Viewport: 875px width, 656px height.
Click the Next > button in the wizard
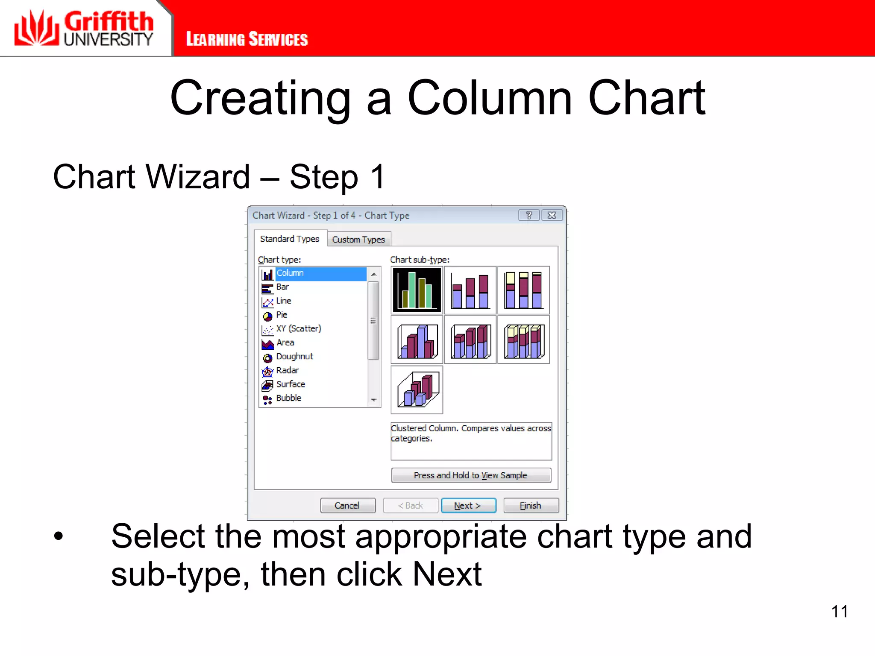(x=468, y=505)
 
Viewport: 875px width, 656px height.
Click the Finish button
(x=531, y=505)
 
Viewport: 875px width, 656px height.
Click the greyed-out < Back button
(x=410, y=505)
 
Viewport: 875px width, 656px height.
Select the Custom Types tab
(x=358, y=239)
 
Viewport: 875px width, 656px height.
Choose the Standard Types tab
(x=290, y=239)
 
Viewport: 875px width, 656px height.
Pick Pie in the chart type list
(x=282, y=315)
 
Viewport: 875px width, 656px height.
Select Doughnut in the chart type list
(x=294, y=356)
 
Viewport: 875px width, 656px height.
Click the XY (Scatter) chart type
(x=298, y=328)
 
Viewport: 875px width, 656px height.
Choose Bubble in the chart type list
(x=288, y=398)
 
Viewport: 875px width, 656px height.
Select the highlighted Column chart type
(x=290, y=273)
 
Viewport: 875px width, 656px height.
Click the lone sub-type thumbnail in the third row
(x=417, y=389)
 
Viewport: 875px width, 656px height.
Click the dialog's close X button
(x=552, y=215)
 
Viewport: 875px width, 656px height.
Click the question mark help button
(x=529, y=215)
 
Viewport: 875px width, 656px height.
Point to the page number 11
(x=839, y=611)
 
